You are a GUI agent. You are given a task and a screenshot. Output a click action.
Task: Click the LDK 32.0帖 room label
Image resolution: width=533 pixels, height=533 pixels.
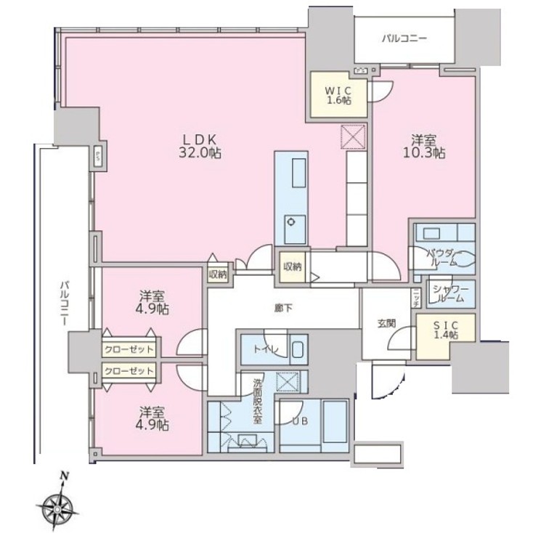[x=195, y=146]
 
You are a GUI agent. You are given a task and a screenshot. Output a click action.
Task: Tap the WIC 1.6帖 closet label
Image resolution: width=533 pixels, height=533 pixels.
[x=338, y=95]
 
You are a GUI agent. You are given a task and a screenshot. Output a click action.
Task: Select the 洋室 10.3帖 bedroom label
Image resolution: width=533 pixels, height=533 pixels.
[x=425, y=146]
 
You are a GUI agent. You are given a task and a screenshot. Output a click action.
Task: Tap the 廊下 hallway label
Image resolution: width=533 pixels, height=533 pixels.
[x=284, y=309]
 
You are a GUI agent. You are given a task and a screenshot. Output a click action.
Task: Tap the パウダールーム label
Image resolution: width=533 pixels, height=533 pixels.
[x=442, y=256]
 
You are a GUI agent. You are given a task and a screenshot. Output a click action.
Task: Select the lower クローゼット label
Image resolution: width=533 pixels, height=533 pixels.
[x=128, y=371]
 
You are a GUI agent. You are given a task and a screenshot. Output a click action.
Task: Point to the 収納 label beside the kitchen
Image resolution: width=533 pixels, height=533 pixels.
[x=293, y=266]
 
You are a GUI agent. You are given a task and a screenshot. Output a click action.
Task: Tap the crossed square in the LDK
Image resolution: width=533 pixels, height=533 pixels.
[x=353, y=137]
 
